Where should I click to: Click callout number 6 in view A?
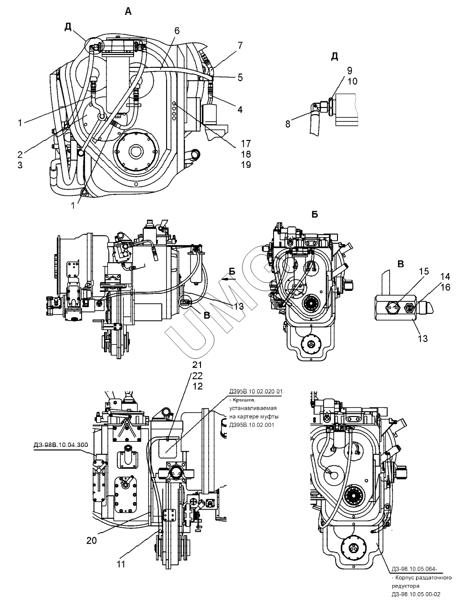click(177, 31)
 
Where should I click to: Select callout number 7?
click(240, 45)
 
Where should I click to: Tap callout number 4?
click(240, 109)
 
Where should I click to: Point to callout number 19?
click(245, 164)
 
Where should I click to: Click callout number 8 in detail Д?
click(288, 124)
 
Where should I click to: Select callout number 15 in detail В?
click(423, 271)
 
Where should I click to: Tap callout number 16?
click(445, 288)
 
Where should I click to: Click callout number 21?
click(197, 364)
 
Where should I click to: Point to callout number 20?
click(92, 541)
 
